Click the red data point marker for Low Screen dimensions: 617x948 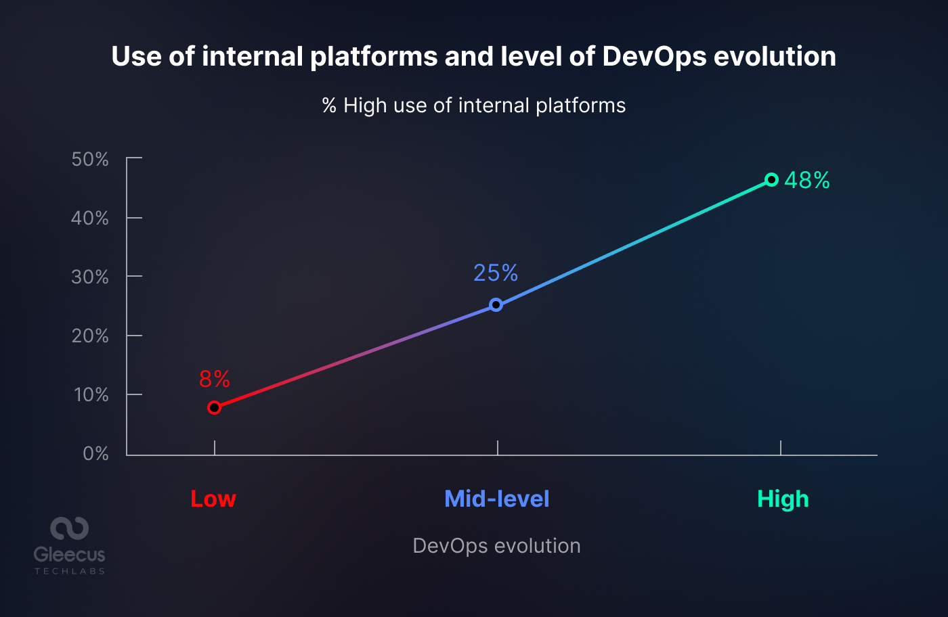(x=214, y=407)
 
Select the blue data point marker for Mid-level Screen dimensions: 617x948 (x=496, y=305)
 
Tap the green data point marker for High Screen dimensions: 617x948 (x=771, y=180)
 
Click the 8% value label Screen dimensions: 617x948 (x=215, y=380)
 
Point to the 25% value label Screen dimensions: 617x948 (x=496, y=273)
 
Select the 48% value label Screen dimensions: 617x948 (x=807, y=180)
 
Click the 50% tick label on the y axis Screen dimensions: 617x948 (x=90, y=160)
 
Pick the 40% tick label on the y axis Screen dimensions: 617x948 (x=90, y=218)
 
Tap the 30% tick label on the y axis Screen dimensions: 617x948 (x=90, y=277)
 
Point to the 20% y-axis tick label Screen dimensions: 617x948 (x=90, y=336)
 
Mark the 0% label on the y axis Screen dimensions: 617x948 (x=95, y=453)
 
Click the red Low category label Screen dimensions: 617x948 (x=213, y=499)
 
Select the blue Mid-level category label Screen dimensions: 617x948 (x=496, y=499)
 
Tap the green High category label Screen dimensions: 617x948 (x=783, y=499)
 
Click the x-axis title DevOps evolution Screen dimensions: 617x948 (x=496, y=546)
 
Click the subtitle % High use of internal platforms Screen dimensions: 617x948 (x=474, y=106)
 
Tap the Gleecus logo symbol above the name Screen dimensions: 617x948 (x=70, y=528)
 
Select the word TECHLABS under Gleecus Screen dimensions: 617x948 (x=70, y=572)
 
